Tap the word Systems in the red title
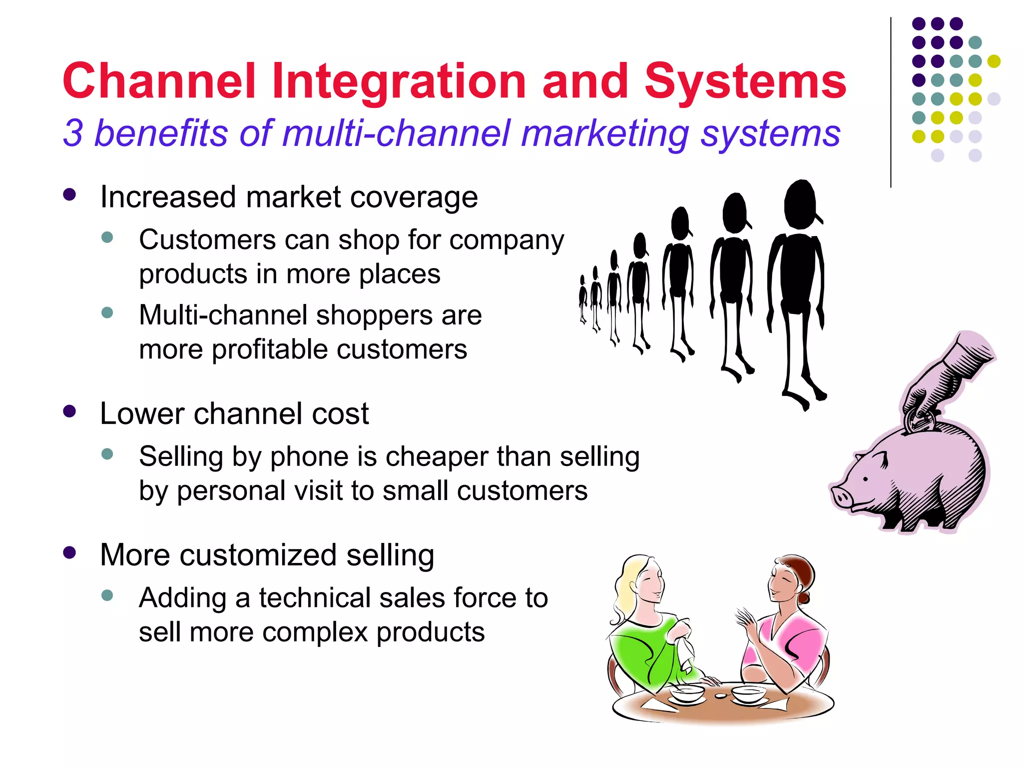point(745,81)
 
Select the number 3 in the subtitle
point(73,133)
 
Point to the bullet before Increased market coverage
point(69,194)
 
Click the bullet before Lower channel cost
point(69,411)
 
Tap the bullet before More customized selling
point(69,552)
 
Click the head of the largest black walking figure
point(800,205)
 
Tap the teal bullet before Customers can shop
point(107,237)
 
